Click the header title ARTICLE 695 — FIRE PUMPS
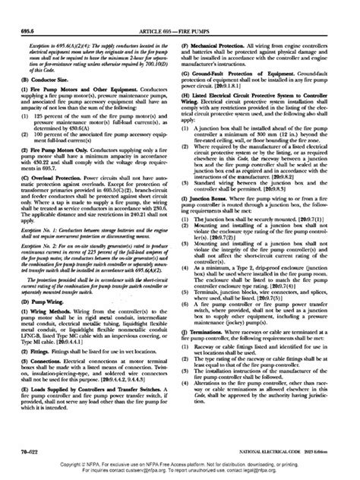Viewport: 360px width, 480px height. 180,9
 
